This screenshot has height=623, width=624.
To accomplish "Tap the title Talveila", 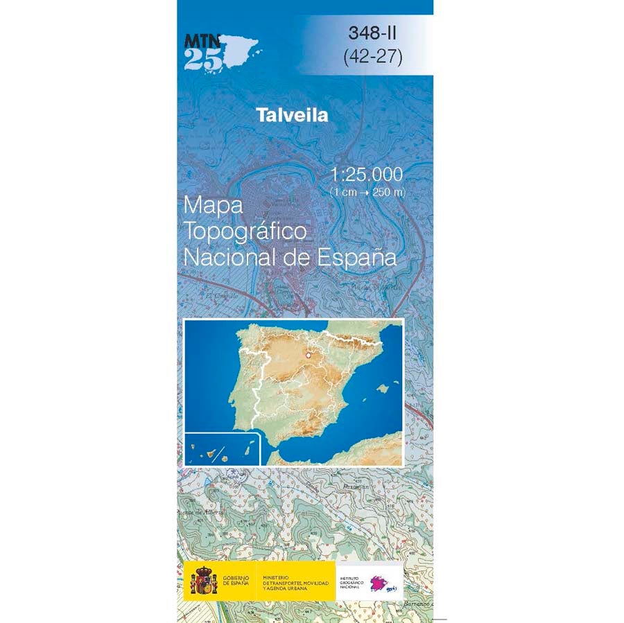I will point(292,115).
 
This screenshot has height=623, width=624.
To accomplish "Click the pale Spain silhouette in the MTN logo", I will point(240,50).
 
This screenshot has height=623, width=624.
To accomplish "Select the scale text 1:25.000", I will point(367,174).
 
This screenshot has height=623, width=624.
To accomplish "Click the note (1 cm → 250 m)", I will point(367,191).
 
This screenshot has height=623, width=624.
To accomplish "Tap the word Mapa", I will point(213,206).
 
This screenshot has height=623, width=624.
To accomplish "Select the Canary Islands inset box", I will point(222,449).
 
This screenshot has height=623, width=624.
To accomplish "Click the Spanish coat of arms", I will point(204,581).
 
